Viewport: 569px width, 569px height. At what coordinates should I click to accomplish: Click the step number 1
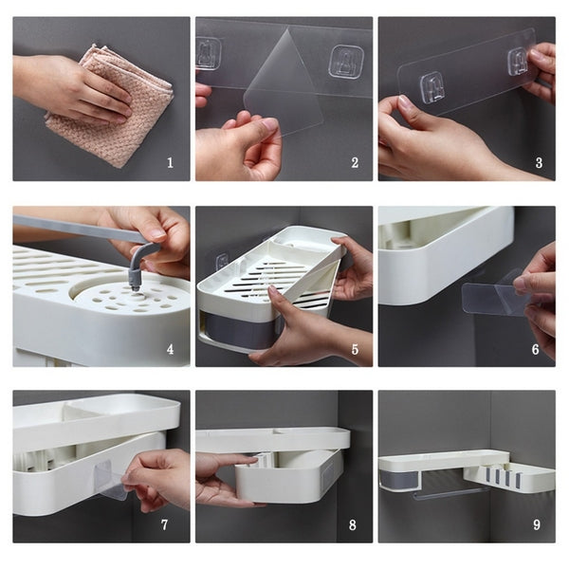[170, 162]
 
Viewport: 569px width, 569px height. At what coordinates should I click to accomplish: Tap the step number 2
[355, 162]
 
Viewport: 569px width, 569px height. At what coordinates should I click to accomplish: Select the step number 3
[539, 162]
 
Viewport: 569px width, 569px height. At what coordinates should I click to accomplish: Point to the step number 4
[170, 349]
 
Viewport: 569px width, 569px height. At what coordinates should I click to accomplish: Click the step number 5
[355, 349]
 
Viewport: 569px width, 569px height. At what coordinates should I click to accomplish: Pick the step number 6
[535, 349]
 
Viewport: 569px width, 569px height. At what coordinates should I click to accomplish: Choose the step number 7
[164, 524]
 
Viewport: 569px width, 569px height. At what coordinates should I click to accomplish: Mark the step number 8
[353, 524]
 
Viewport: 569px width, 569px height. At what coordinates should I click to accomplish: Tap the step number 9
[537, 524]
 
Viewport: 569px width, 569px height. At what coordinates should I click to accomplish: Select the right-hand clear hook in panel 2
[346, 62]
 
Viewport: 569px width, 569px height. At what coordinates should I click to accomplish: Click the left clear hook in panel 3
[431, 88]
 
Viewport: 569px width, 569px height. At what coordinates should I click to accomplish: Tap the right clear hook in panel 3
[518, 62]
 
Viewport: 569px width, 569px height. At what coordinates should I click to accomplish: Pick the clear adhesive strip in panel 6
[491, 299]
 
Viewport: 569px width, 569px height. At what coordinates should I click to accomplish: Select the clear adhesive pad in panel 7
[109, 479]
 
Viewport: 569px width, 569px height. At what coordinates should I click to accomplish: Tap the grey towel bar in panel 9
[450, 492]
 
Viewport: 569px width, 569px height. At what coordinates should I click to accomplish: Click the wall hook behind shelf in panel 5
[222, 263]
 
